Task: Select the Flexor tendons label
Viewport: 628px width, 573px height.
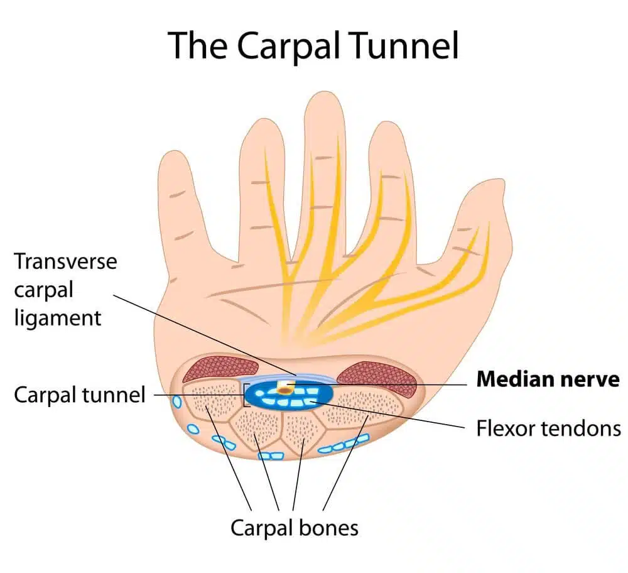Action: tap(548, 428)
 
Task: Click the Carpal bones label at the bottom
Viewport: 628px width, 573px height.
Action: tap(295, 527)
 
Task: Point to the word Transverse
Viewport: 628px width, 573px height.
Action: tap(65, 261)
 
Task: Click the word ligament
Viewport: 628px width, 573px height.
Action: tap(57, 317)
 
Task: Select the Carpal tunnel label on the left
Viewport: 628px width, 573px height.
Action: tap(79, 395)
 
